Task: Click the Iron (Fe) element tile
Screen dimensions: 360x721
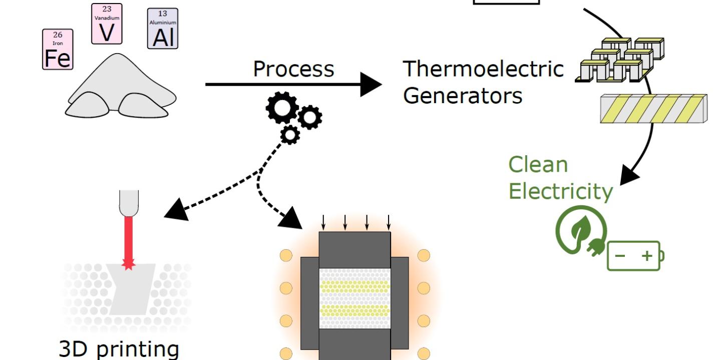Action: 58,49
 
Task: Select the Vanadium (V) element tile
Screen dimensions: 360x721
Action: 107,24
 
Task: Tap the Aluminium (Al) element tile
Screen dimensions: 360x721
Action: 163,29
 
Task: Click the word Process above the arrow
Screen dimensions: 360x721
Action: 293,69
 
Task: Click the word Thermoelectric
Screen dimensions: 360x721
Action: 483,69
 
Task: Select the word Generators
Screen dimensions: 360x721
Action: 462,95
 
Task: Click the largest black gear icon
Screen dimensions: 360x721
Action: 282,108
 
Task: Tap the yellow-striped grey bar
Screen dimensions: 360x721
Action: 653,108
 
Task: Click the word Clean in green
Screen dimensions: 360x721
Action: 538,165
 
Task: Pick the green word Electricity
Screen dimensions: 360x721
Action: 560,191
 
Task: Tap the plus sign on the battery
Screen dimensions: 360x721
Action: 647,256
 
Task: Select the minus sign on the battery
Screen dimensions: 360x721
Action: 620,256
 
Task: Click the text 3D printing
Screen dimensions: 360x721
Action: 119,349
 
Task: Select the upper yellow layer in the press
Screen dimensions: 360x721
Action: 354,286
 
